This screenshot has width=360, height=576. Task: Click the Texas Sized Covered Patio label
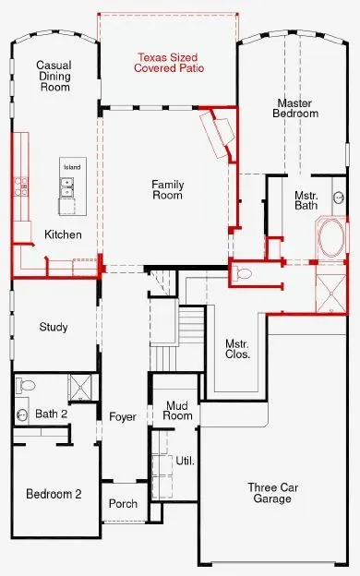tap(169, 63)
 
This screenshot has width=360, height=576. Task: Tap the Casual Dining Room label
tap(54, 76)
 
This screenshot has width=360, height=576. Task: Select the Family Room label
tap(167, 189)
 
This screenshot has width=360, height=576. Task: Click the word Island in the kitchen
tap(72, 167)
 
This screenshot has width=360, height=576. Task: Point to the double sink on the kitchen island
tap(66, 187)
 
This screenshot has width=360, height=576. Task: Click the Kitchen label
tap(63, 234)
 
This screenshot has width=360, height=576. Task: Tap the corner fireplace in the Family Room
tap(218, 134)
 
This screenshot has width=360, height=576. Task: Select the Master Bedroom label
tap(295, 108)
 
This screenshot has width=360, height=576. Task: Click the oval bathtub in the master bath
tap(331, 237)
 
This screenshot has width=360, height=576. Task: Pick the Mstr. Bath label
tap(306, 200)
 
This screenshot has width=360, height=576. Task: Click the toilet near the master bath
tap(243, 273)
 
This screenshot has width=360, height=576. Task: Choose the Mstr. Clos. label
tap(237, 349)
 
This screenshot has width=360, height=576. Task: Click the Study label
tap(54, 327)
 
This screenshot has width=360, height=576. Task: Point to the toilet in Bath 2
tap(25, 385)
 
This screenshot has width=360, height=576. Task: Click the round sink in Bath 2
tap(21, 415)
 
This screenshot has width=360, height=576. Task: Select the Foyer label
tap(123, 416)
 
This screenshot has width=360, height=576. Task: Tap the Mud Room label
tap(178, 411)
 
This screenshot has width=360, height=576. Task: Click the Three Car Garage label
tap(272, 493)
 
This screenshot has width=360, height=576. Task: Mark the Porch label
tap(123, 503)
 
